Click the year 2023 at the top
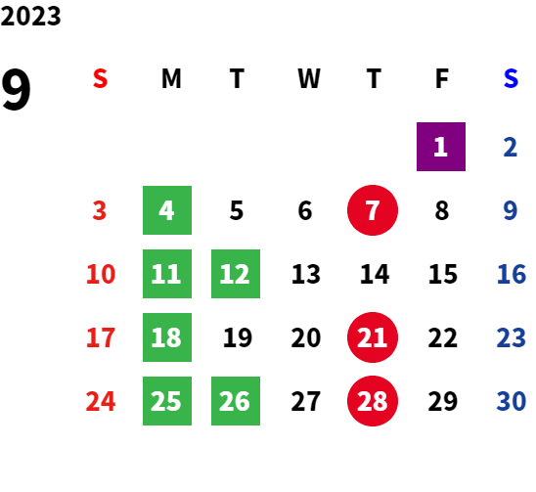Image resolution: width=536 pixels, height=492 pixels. pyautogui.click(x=30, y=16)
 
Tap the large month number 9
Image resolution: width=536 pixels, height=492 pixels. pyautogui.click(x=16, y=89)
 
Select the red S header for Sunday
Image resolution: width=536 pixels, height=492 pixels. pyautogui.click(x=100, y=78)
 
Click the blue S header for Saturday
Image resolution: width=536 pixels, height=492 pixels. pyautogui.click(x=511, y=78)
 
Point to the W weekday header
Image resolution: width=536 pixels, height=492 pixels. pyautogui.click(x=309, y=78)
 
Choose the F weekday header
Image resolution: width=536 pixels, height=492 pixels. pyautogui.click(x=442, y=78)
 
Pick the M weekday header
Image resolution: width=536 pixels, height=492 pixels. pyautogui.click(x=171, y=78)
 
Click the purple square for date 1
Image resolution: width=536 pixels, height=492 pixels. pyautogui.click(x=441, y=147)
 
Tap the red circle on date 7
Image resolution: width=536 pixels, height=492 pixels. pyautogui.click(x=373, y=210)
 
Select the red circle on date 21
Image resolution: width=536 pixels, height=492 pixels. pyautogui.click(x=373, y=337)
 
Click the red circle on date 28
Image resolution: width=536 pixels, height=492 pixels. pyautogui.click(x=373, y=401)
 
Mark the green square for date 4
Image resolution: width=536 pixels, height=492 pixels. pyautogui.click(x=167, y=210)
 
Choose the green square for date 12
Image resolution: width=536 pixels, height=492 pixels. pyautogui.click(x=236, y=274)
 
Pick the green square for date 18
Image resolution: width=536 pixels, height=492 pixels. pyautogui.click(x=167, y=337)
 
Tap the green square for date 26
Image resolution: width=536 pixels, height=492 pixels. pyautogui.click(x=236, y=401)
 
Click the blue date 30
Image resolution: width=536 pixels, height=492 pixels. pyautogui.click(x=511, y=401)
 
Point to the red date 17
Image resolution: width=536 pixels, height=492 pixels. pyautogui.click(x=101, y=337)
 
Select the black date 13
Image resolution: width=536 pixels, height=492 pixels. pyautogui.click(x=306, y=274)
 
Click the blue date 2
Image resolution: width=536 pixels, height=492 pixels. pyautogui.click(x=511, y=147)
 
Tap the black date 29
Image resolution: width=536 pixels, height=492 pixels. pyautogui.click(x=443, y=401)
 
